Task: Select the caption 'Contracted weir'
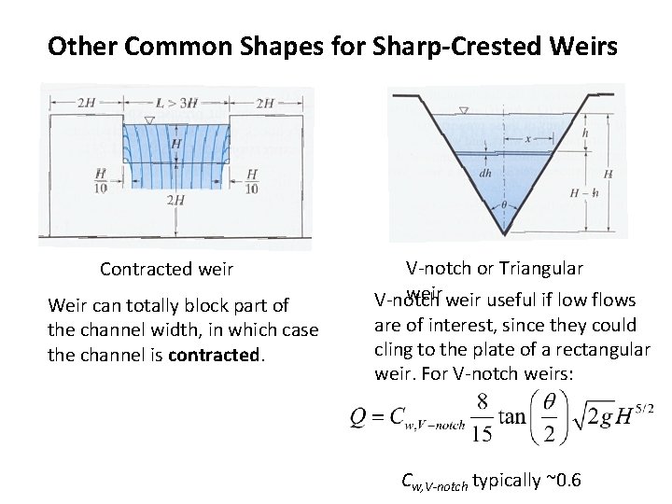click(x=166, y=270)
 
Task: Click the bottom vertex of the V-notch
click(x=504, y=234)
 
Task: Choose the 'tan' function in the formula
click(x=512, y=416)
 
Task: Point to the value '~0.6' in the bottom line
click(x=563, y=481)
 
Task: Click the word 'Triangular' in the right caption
click(x=540, y=269)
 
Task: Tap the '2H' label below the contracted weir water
click(x=175, y=201)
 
